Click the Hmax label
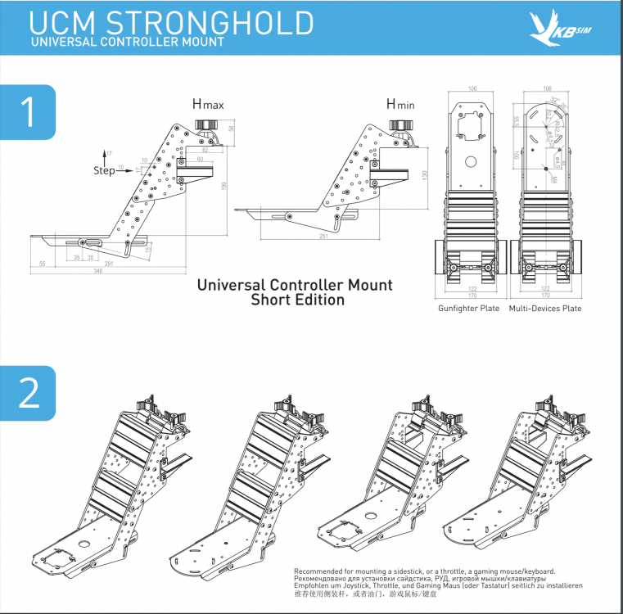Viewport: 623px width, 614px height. point(208,104)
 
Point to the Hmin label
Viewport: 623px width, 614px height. point(402,104)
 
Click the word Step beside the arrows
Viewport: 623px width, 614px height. point(104,172)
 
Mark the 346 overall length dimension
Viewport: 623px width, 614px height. point(97,269)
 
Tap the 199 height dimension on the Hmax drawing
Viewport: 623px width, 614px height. point(223,186)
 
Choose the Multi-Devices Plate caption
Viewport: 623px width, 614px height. point(545,309)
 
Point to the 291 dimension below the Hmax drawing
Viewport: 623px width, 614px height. point(108,263)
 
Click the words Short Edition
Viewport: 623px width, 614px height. point(297,300)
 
